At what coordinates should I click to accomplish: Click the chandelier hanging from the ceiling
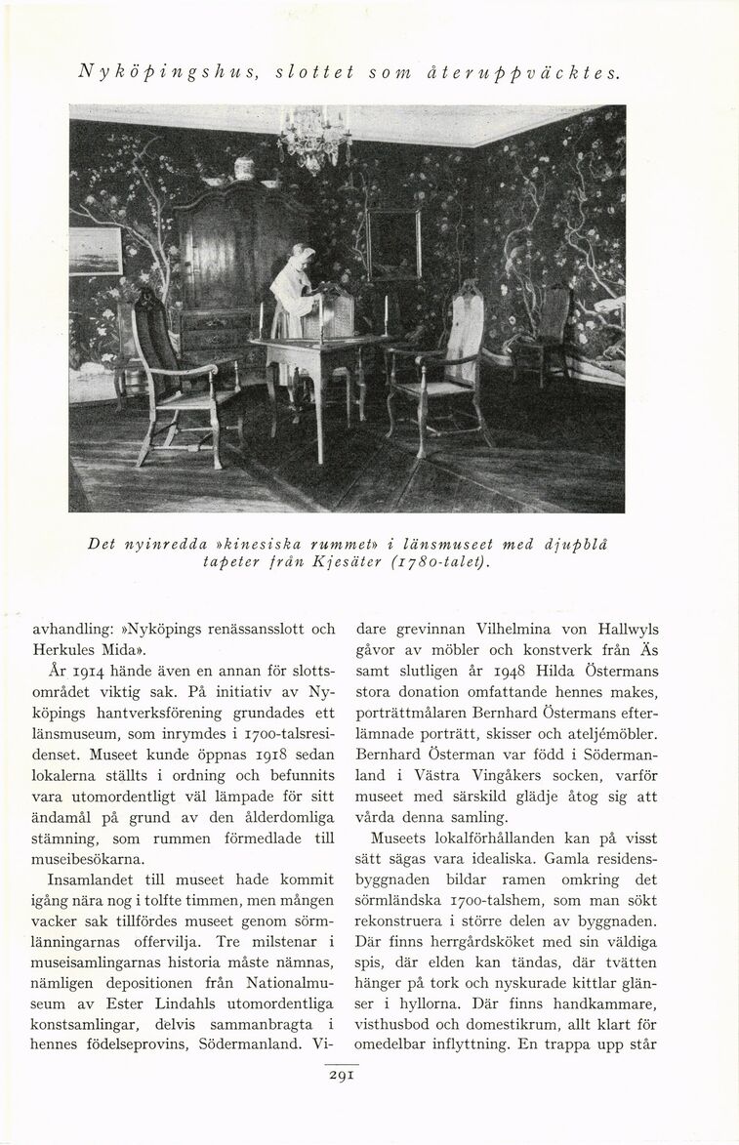(x=313, y=138)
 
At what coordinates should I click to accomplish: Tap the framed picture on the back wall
(x=393, y=243)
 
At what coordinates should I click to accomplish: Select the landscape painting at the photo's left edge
(x=95, y=251)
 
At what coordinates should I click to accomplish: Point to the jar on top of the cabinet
(x=244, y=168)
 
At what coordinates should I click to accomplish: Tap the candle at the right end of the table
(x=386, y=315)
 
